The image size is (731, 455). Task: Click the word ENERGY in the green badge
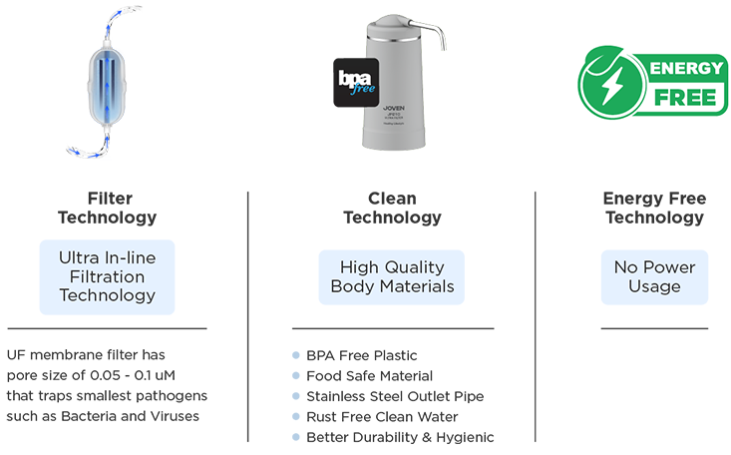(x=687, y=69)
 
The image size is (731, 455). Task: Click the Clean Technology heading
(x=392, y=209)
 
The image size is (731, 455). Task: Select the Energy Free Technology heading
(x=653, y=209)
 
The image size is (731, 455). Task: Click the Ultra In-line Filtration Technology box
(x=107, y=276)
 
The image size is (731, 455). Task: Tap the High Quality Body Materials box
(x=392, y=276)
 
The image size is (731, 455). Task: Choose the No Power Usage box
(x=653, y=276)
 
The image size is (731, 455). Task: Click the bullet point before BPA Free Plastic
(x=296, y=356)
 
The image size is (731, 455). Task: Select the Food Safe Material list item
(x=369, y=376)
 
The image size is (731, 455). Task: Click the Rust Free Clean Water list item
(x=381, y=417)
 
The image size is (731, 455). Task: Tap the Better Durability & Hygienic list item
(x=399, y=437)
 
